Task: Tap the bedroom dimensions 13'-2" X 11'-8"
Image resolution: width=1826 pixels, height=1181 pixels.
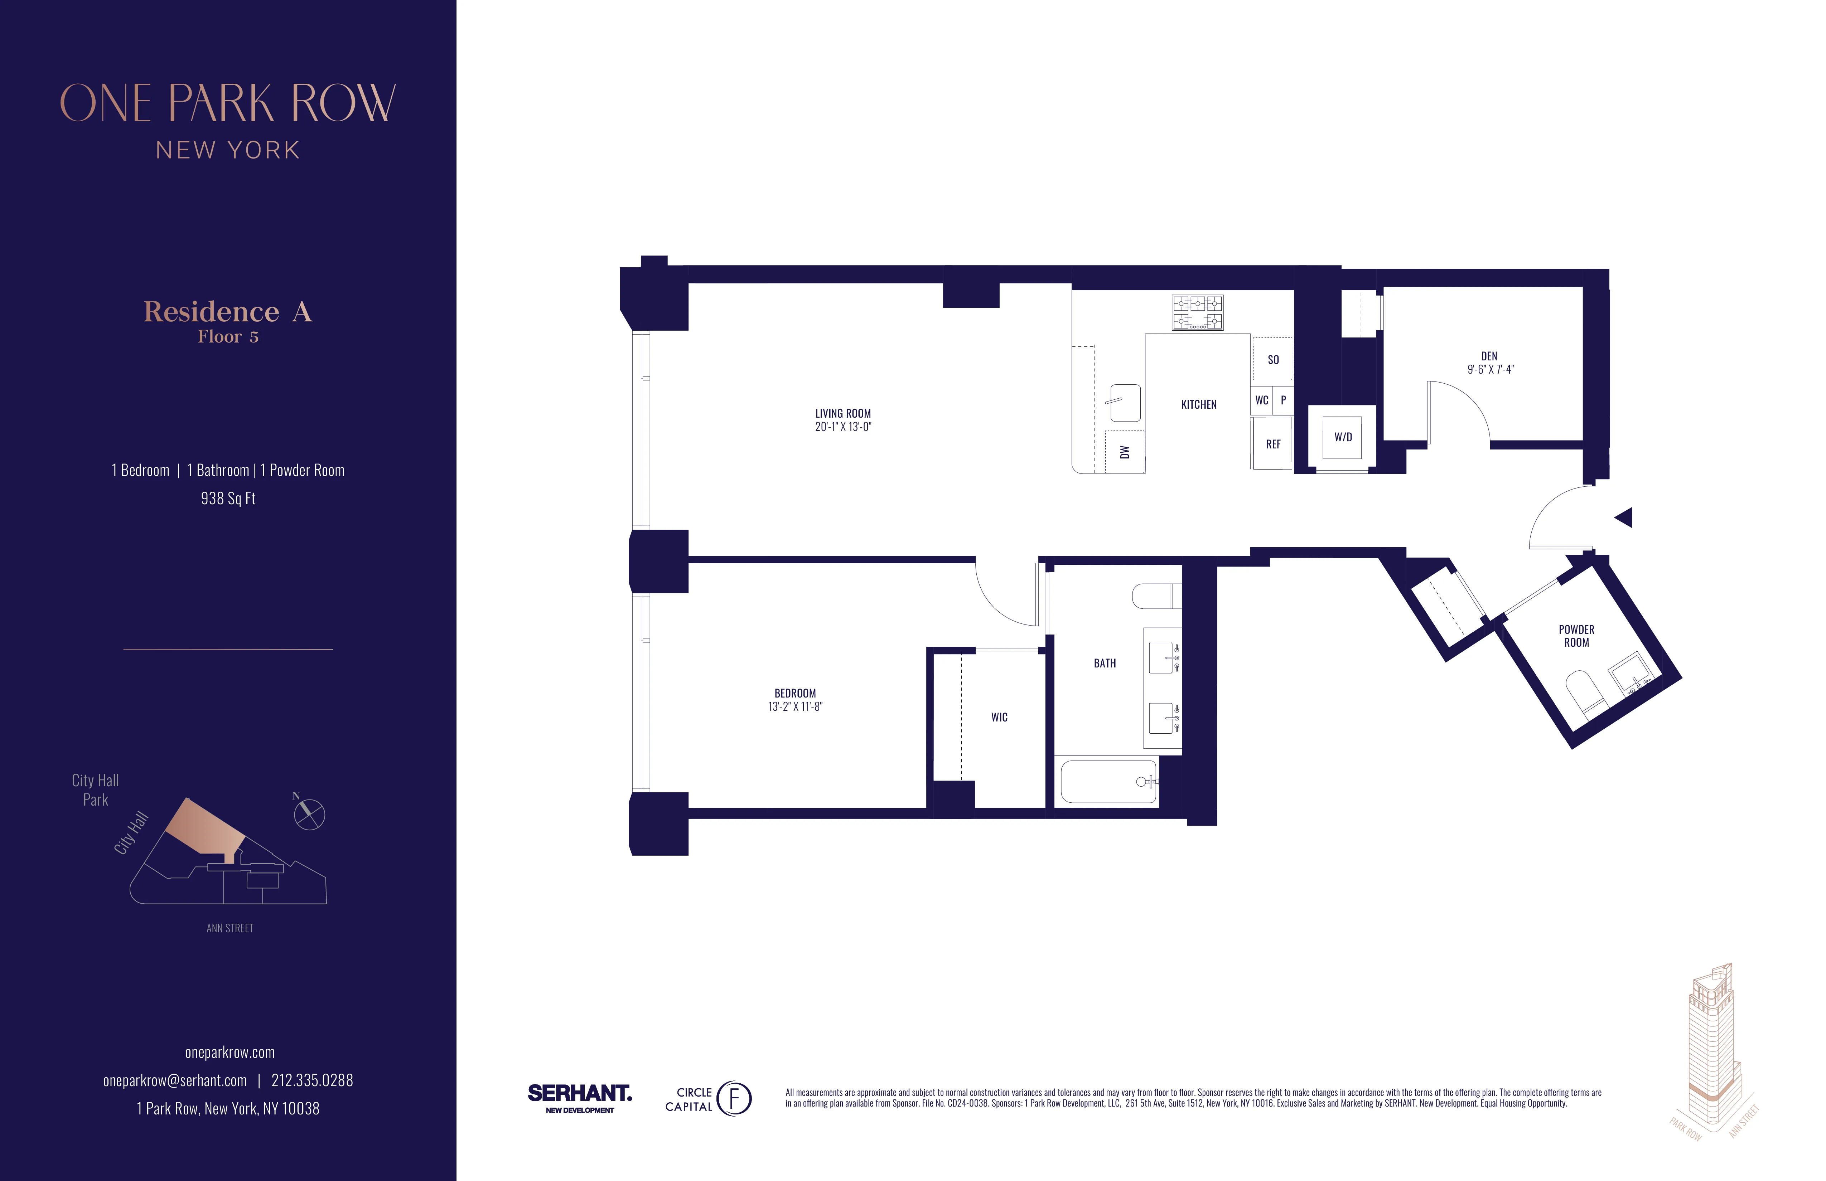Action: click(795, 706)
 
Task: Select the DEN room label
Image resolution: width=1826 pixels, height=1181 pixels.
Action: click(1488, 356)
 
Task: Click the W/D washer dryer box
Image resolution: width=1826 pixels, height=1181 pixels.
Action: click(1343, 437)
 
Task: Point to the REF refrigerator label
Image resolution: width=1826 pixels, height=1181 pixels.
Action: click(1273, 444)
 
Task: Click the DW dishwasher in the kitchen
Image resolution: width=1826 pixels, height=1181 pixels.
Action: click(1125, 452)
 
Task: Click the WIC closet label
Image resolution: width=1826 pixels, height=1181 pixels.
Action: click(999, 717)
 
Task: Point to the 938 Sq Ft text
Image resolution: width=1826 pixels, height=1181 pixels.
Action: click(228, 499)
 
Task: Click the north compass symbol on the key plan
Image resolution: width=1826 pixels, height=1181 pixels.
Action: click(309, 814)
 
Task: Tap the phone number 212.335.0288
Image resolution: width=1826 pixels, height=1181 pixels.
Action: click(312, 1080)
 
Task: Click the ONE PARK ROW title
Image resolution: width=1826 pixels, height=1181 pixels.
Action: click(228, 103)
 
